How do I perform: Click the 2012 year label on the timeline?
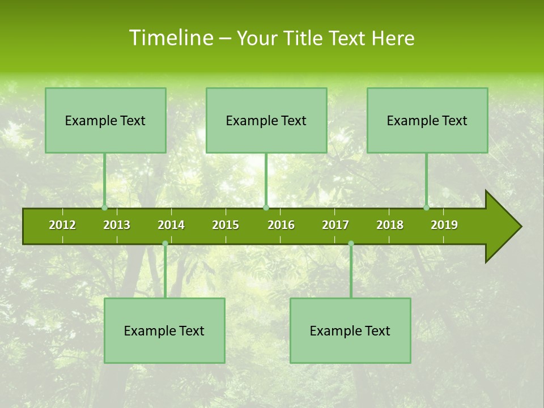(x=62, y=225)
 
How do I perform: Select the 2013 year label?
(x=117, y=225)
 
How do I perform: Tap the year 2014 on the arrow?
(x=171, y=225)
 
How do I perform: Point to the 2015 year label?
(x=226, y=225)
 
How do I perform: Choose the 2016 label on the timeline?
(x=281, y=225)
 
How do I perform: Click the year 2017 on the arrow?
(x=335, y=225)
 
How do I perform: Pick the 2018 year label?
(x=390, y=225)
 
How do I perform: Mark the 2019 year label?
(x=444, y=225)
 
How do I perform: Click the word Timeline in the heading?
(x=170, y=38)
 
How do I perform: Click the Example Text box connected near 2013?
(x=105, y=121)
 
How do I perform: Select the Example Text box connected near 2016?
(x=266, y=121)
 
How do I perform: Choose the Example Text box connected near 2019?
(x=427, y=121)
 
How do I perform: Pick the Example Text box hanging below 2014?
(x=164, y=331)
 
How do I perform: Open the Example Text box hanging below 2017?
(x=350, y=331)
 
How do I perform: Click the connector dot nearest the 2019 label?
(x=426, y=208)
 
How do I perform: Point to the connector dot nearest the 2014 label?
(x=165, y=243)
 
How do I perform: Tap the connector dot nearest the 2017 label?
(x=351, y=243)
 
